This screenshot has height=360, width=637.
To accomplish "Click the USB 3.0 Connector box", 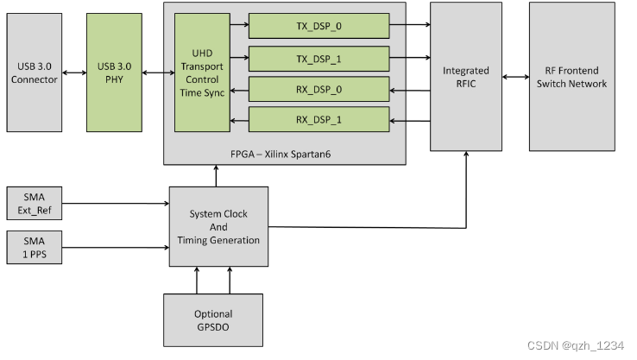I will coord(35,73).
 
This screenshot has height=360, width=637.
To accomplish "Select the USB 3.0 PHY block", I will coord(114,73).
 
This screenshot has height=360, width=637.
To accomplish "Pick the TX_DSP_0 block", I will coord(318,26).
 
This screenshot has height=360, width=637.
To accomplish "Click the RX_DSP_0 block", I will coord(318,89).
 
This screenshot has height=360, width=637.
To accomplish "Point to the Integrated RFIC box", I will coord(465,77).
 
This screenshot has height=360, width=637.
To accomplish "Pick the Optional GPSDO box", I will coord(213,319).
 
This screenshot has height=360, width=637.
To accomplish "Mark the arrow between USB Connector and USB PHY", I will coord(74,73).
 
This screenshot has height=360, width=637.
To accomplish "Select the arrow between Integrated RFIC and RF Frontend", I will coord(515,77).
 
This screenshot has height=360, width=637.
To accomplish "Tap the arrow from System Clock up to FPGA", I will coord(216,175).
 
